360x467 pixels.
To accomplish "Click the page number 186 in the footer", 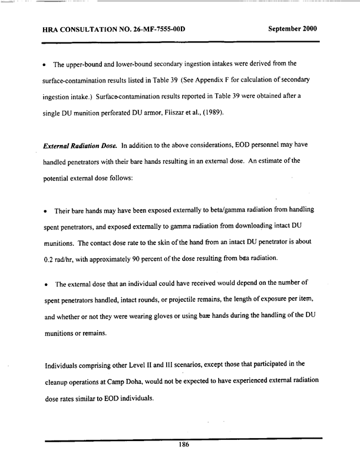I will pyautogui.click(x=183, y=446).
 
